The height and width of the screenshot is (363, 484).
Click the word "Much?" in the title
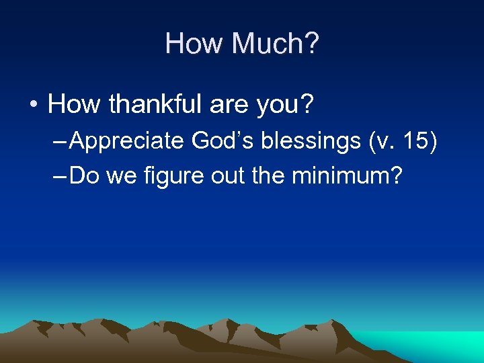pos(276,44)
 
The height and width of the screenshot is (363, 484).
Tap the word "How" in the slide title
pos(194,44)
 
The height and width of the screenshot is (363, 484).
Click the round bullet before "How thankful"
pos(32,105)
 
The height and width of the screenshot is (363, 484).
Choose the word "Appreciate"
pos(127,141)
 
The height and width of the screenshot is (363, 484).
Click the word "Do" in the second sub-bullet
pos(83,176)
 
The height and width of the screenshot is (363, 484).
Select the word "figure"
pos(161,177)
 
